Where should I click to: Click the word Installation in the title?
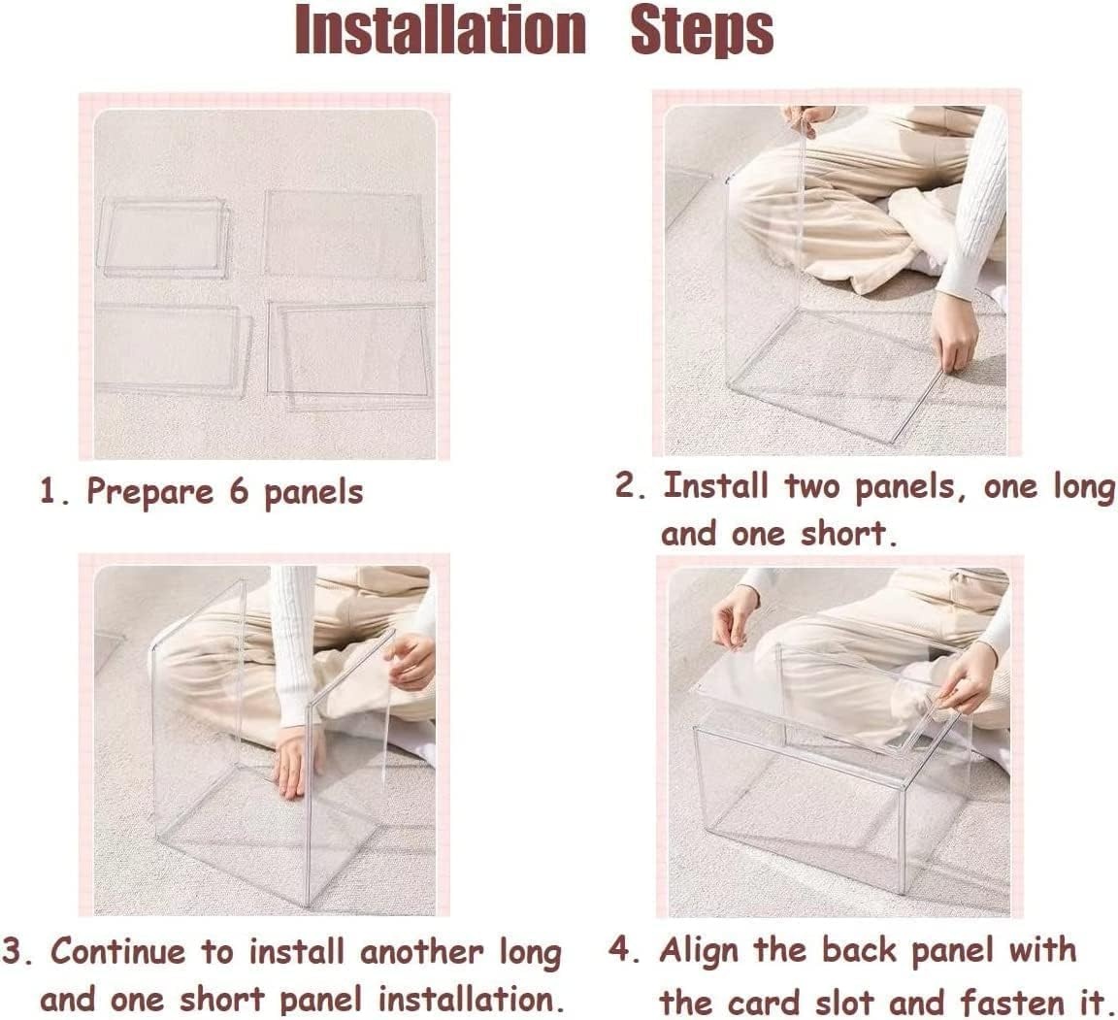pos(440,31)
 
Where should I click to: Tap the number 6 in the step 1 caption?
pos(239,492)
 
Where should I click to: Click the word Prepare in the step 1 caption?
pos(149,493)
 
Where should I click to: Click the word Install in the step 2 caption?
pos(715,486)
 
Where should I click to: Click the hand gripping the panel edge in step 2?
pos(954,333)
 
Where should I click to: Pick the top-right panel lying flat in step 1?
pos(345,235)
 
